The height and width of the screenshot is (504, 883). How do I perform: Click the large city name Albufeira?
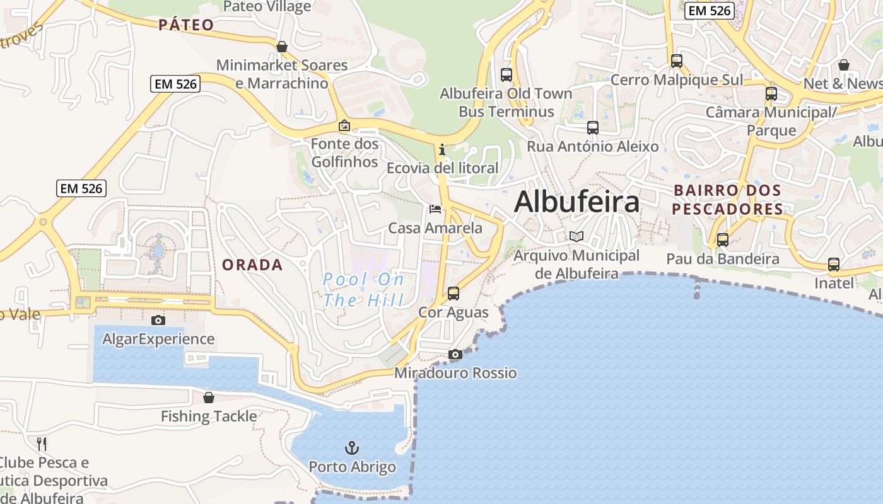coord(576,202)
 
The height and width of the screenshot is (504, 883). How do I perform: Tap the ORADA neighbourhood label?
coord(252,265)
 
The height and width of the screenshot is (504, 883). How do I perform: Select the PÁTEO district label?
coord(186,25)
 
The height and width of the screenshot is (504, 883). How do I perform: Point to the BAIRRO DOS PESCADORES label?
coord(727,199)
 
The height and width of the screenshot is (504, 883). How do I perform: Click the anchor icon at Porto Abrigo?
coord(352,448)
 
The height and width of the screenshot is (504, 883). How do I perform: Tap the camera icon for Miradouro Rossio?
coord(455,354)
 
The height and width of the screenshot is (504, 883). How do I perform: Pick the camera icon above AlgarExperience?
coord(158,320)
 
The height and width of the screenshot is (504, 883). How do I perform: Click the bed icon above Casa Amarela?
coord(435,209)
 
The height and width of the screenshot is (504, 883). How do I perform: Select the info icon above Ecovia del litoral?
coord(442,149)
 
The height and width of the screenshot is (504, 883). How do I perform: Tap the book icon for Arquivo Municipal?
coord(576,236)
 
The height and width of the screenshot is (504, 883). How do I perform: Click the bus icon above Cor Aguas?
coord(453,293)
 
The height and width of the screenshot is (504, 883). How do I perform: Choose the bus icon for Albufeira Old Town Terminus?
coord(506,74)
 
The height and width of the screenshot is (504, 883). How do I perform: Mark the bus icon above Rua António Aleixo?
coord(593,127)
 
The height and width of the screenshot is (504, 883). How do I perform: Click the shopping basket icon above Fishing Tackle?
coord(209,398)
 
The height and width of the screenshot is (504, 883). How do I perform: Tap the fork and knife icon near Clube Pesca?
coord(42,444)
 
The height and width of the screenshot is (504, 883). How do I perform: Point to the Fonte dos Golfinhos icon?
coord(344,125)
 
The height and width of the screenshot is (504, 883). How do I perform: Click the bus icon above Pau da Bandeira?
coord(723,239)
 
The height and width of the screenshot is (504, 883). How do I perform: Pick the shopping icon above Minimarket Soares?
coord(282,47)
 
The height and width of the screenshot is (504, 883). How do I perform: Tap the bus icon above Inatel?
coord(834,264)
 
